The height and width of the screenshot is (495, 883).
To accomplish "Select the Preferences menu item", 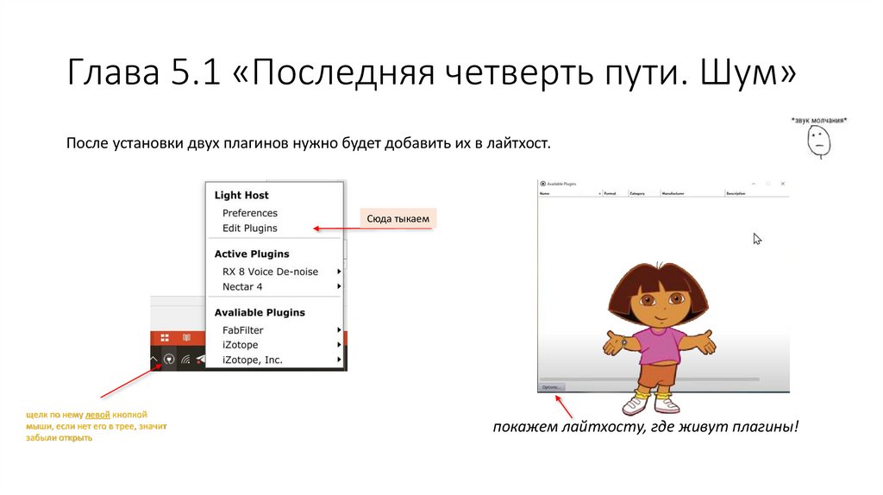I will click(250, 213).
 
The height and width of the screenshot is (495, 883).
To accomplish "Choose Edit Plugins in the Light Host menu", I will click(250, 229).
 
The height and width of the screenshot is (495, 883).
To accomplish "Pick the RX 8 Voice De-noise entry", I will click(270, 272).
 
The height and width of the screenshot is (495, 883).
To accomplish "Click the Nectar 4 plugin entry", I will click(242, 286).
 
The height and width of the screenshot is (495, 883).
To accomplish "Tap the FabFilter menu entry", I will click(243, 330).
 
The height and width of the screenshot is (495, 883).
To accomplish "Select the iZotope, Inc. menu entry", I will click(253, 360).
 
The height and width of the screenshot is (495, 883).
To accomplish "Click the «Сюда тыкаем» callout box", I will click(398, 219).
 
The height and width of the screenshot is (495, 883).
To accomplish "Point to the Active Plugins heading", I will click(252, 254).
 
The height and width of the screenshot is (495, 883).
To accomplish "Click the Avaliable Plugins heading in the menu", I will click(260, 312).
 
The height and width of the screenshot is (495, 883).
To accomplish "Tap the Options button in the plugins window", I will click(552, 387).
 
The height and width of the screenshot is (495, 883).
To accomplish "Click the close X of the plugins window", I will click(782, 184).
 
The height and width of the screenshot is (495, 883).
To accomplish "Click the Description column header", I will click(736, 194).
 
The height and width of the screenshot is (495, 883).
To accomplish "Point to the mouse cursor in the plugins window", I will click(756, 238).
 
